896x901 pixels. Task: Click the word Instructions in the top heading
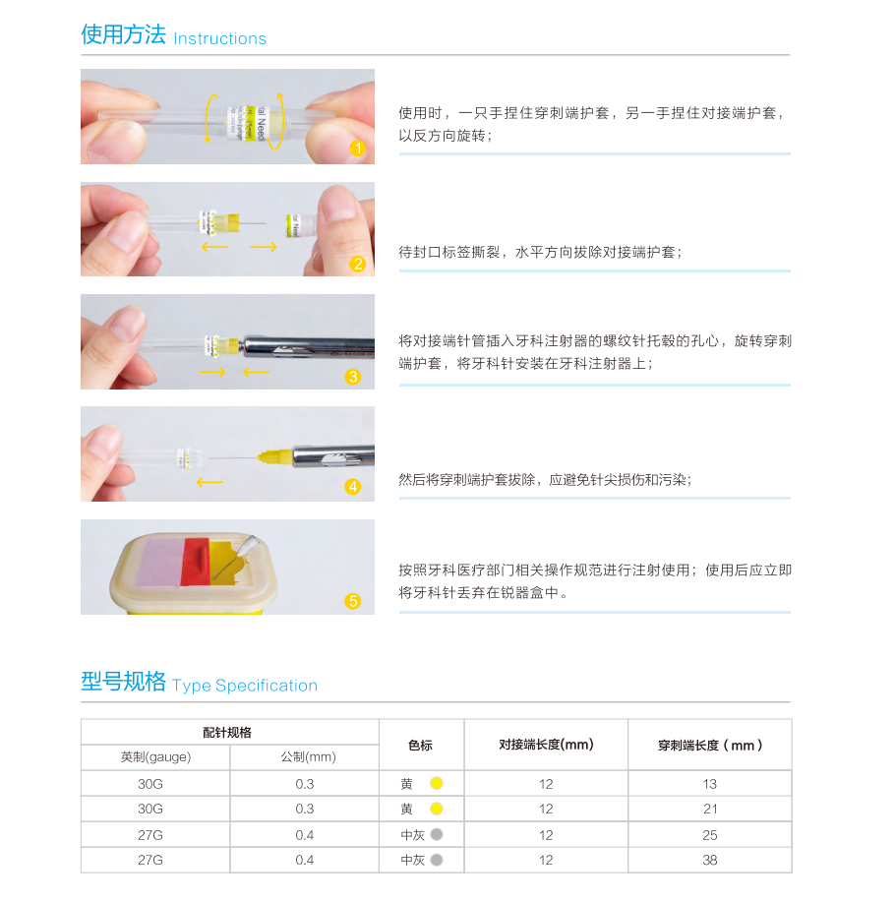(x=219, y=38)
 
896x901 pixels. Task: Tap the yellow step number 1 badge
(x=357, y=149)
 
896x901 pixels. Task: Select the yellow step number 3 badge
(x=353, y=377)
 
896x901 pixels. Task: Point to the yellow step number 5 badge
(x=353, y=601)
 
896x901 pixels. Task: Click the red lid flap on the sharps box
(x=196, y=562)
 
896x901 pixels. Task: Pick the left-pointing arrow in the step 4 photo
(x=209, y=482)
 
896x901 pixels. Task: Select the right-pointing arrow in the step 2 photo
(x=264, y=247)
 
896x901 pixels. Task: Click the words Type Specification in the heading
(x=244, y=686)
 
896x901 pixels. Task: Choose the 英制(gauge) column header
(x=155, y=756)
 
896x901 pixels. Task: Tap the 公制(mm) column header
(x=308, y=756)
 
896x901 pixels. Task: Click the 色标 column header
(x=420, y=746)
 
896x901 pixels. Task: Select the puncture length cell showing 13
(x=710, y=784)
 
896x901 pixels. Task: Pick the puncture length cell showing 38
(x=710, y=861)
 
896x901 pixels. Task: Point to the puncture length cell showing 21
(x=710, y=810)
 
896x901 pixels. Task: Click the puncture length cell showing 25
(x=710, y=835)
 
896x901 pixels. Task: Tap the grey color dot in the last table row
(x=437, y=861)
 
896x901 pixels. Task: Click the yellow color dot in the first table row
(x=437, y=783)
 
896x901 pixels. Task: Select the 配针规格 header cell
(x=227, y=733)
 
